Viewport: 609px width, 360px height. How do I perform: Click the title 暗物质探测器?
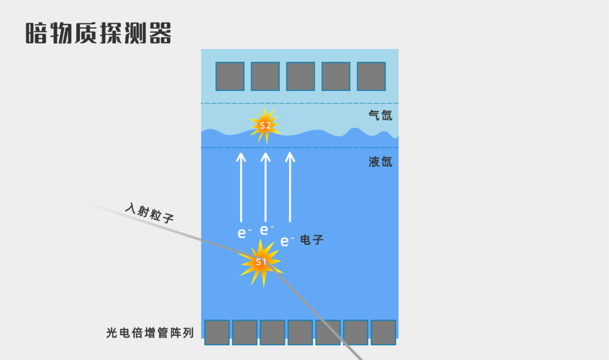tap(99, 33)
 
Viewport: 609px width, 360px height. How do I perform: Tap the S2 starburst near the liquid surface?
tap(264, 125)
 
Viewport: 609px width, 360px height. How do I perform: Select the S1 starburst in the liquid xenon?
tap(260, 262)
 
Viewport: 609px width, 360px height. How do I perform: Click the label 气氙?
tap(380, 116)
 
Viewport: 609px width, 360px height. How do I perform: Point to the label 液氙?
tap(380, 163)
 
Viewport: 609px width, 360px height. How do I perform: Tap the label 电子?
tap(312, 240)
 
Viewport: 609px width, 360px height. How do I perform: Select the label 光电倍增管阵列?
tap(150, 333)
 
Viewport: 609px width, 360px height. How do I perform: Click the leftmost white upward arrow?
tap(241, 187)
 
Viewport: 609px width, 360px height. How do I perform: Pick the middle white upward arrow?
tap(266, 187)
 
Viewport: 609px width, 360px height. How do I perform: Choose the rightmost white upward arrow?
tap(290, 187)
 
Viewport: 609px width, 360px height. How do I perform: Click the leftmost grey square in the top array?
tap(230, 76)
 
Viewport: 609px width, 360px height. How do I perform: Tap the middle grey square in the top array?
tap(301, 76)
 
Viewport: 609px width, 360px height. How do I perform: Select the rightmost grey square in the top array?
tap(371, 76)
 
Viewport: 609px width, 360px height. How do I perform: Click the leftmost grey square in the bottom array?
tap(217, 332)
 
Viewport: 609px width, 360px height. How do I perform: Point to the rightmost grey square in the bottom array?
tap(383, 332)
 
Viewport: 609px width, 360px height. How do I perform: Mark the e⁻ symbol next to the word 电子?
tap(287, 242)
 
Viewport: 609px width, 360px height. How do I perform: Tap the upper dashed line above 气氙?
tap(299, 103)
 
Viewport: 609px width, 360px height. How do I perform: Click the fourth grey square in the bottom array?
tap(300, 332)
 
